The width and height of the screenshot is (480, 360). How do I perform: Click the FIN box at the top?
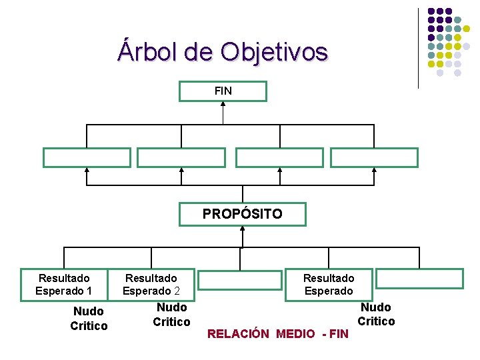pos(223,91)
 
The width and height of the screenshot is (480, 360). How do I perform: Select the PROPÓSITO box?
pos(243,215)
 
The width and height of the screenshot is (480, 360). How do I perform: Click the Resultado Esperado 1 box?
pos(64,284)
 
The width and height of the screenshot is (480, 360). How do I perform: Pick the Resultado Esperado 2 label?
pos(151,284)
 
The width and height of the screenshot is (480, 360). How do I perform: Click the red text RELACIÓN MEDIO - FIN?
pos(278,333)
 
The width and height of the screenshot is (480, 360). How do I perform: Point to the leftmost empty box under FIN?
pos(87,157)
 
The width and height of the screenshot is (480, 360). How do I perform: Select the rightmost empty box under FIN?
pos(375,157)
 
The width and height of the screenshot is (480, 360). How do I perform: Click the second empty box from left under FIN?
pos(181,157)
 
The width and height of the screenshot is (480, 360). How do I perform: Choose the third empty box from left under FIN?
pos(279,157)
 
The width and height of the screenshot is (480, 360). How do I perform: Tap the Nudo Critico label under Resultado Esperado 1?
pos(89,319)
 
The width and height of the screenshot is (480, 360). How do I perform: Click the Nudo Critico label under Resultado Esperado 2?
pos(171,315)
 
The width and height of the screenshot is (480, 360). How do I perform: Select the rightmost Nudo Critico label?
pos(376,314)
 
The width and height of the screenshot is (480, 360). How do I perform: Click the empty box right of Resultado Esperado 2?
pos(240,280)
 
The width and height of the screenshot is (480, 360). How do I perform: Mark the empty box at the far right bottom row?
pos(419,279)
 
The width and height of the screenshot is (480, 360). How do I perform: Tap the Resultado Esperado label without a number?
pos(329,284)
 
